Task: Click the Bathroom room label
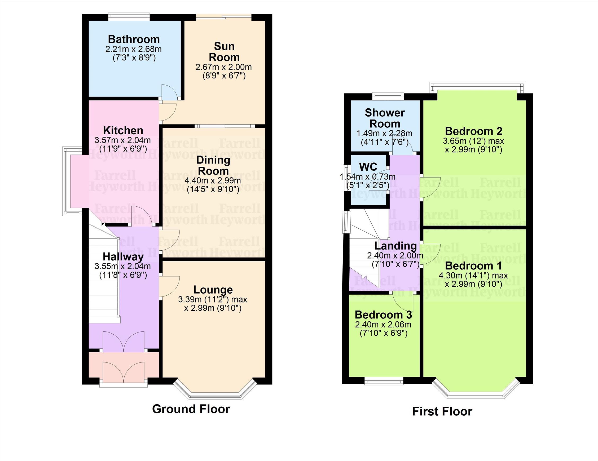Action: click(134, 39)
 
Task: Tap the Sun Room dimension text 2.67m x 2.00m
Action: click(224, 67)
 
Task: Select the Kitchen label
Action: click(123, 130)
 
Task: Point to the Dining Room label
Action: click(213, 165)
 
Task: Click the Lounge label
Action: click(213, 289)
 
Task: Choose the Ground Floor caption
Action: click(191, 409)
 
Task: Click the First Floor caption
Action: click(442, 411)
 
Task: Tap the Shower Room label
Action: click(385, 118)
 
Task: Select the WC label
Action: click(368, 167)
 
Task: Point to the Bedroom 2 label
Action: click(473, 131)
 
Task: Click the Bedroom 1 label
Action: click(473, 265)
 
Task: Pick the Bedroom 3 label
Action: click(383, 315)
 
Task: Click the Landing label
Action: click(395, 246)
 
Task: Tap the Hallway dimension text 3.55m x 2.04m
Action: click(123, 266)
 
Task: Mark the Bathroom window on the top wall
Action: click(129, 17)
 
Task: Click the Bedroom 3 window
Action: click(384, 381)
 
